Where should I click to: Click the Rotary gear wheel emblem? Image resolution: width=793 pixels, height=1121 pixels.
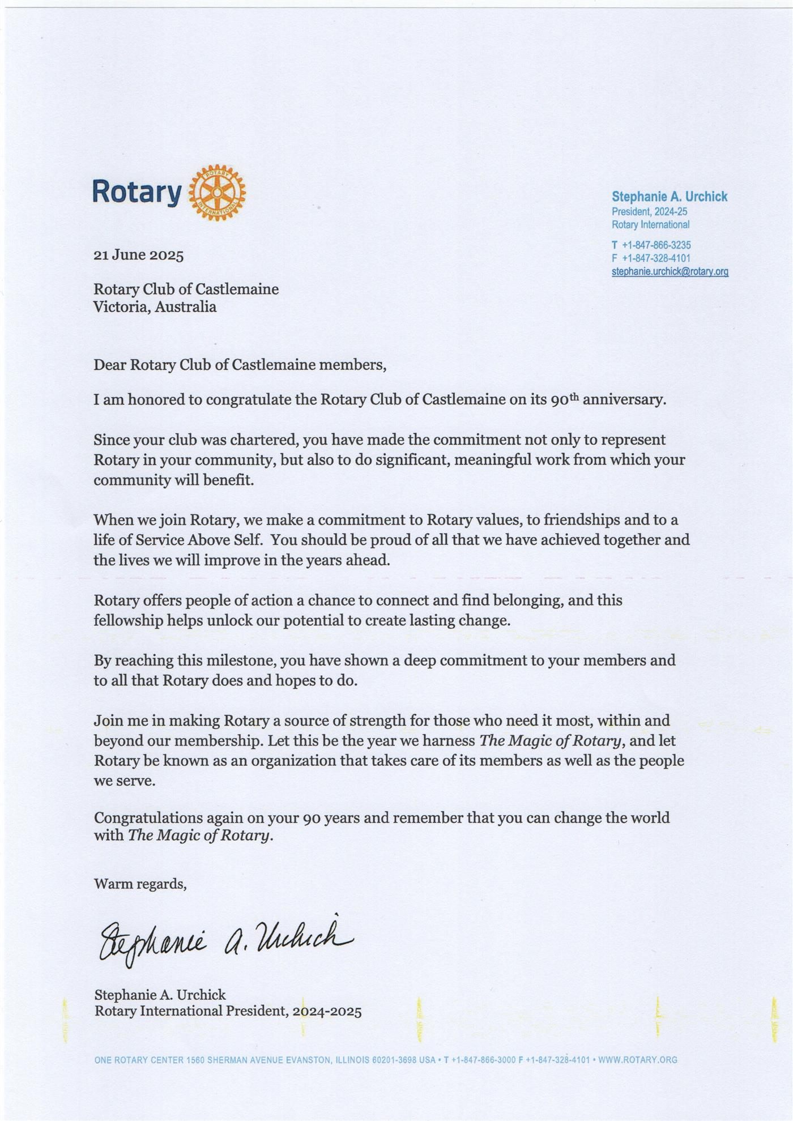(x=217, y=194)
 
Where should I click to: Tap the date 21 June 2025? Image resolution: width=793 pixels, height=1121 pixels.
(x=138, y=255)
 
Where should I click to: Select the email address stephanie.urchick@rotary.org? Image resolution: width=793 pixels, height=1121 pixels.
(x=670, y=271)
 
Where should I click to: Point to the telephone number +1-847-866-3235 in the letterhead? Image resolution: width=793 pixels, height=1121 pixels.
(x=656, y=245)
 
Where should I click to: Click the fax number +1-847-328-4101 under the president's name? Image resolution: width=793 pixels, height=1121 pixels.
(x=656, y=258)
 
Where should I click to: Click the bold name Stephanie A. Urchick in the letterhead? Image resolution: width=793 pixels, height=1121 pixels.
(x=669, y=197)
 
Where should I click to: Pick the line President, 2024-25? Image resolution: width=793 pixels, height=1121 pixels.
(x=649, y=212)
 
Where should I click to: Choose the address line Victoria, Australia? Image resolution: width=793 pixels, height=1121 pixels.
(x=155, y=307)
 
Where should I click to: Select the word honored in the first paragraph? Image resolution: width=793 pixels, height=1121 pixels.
(x=156, y=400)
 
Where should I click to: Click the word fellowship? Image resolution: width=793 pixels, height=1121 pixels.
(x=128, y=620)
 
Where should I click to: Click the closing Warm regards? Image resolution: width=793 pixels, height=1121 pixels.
(x=140, y=884)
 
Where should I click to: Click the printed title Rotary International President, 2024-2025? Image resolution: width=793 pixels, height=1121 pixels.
(x=228, y=1011)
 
